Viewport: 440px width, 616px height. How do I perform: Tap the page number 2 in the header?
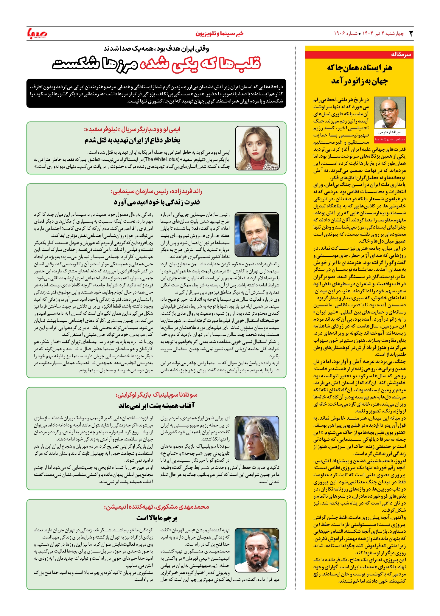point(411,33)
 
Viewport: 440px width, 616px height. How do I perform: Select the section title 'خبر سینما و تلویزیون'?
point(219,33)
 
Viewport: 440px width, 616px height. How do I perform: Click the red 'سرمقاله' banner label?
point(401,55)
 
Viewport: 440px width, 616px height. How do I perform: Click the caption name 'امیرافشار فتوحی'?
point(390,132)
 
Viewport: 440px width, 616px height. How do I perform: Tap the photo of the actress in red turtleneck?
point(257,148)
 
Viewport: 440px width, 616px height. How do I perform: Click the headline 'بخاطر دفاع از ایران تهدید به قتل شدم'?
point(132,140)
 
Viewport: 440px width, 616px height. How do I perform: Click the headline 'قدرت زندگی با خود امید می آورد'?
point(156,202)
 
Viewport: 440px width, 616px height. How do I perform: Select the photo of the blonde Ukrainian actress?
point(257,438)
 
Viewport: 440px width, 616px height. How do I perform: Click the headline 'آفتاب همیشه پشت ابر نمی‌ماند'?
point(156,405)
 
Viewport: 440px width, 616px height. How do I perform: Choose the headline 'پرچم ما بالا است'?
point(157,518)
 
